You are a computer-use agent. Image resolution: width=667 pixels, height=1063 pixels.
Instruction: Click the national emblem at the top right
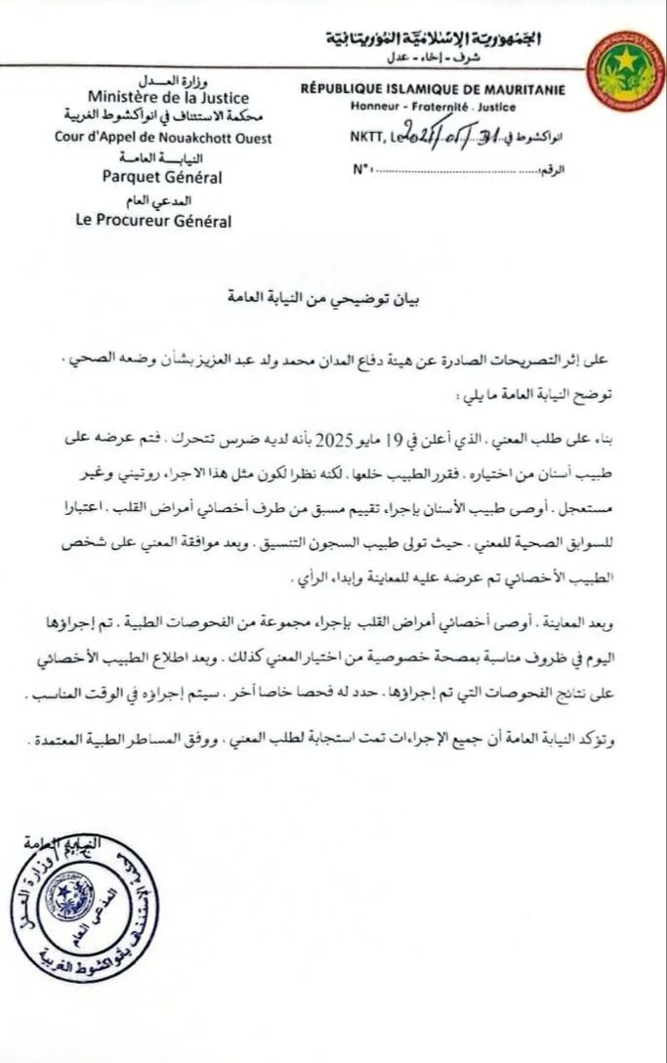624,67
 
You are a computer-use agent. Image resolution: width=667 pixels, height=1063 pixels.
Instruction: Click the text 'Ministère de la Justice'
167,98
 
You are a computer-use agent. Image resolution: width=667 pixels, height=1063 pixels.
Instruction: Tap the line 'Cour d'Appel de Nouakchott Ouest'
164,138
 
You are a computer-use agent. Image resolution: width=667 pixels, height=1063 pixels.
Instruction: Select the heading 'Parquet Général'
163,177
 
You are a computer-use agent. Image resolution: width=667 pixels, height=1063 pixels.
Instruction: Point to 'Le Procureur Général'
154,221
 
